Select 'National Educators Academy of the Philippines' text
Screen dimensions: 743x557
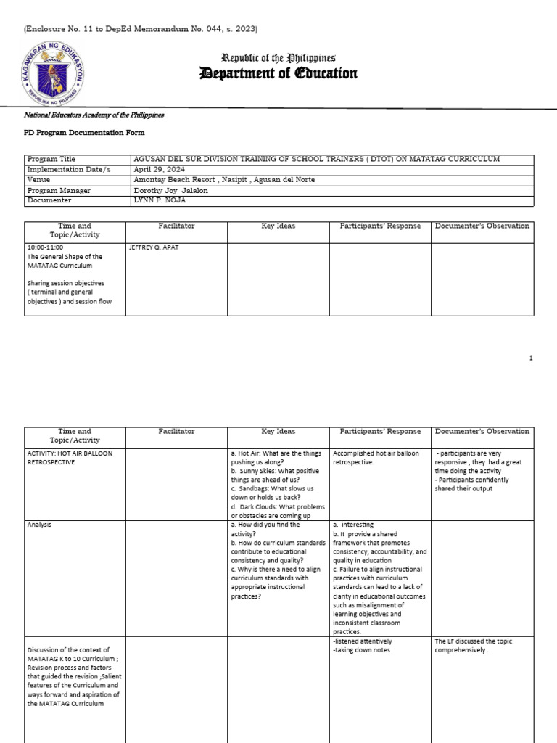[x=94, y=115]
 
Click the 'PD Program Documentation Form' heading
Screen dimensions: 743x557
[x=86, y=133]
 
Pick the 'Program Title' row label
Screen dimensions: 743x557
[x=51, y=159]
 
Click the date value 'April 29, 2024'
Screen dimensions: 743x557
[x=157, y=169]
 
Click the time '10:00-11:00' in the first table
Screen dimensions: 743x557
[x=45, y=247]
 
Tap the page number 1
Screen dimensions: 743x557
[x=531, y=358]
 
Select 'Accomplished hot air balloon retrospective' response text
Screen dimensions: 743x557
[x=376, y=458]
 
